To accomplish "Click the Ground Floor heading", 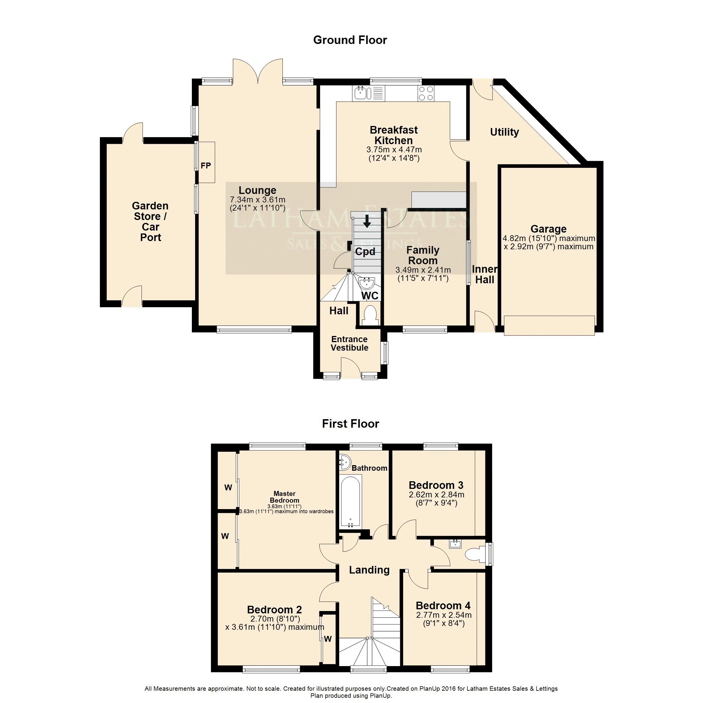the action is click(350, 40).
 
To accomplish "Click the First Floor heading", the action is click(350, 424).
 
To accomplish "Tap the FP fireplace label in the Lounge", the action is click(206, 165).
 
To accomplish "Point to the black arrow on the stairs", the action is click(367, 221).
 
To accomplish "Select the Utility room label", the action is click(504, 132).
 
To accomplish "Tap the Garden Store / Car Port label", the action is click(150, 222).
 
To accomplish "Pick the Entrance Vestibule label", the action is click(349, 344).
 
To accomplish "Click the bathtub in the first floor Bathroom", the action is click(350, 502).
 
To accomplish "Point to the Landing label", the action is click(369, 570).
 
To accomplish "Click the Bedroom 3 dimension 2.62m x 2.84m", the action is click(436, 495).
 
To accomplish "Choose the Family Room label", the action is click(423, 255).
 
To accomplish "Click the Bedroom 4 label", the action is click(443, 605).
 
